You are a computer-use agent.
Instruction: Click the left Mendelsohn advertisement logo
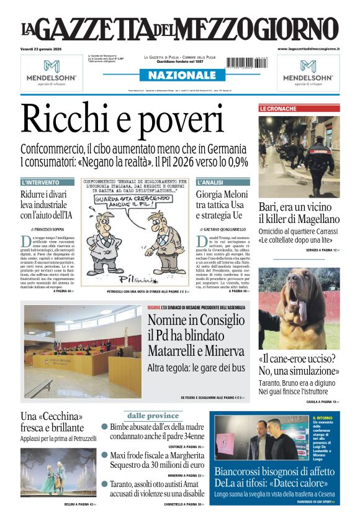coord(52,71)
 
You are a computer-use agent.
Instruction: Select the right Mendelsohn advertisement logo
coord(308,71)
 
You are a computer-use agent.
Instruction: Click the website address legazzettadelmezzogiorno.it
coord(308,48)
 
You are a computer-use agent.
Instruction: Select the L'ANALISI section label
coord(210,183)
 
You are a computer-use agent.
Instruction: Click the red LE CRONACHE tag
coord(278,109)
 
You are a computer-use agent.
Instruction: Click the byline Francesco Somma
coord(50,229)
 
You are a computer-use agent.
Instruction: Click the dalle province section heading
coord(153,415)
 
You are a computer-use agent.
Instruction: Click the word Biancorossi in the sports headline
coord(246,471)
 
